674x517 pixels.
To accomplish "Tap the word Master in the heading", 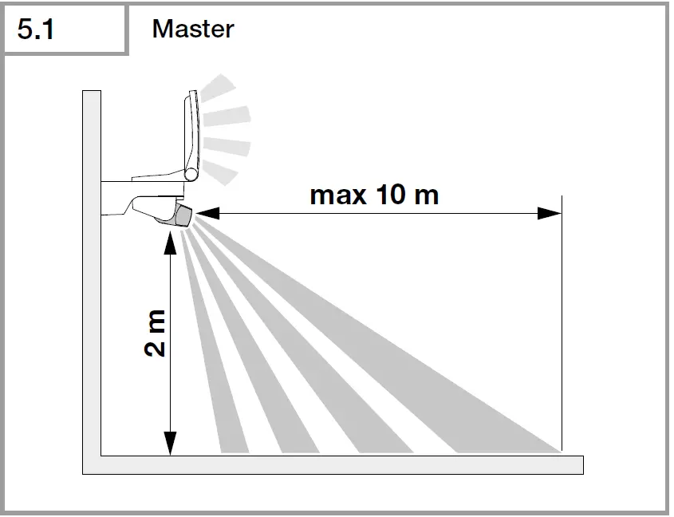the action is (192, 29).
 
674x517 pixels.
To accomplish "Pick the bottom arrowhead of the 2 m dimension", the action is (169, 444).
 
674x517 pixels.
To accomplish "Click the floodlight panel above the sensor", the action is (189, 132).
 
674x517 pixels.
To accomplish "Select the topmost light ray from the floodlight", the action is (219, 86).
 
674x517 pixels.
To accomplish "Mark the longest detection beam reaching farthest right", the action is (415, 351).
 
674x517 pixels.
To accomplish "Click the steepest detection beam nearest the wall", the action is (203, 351).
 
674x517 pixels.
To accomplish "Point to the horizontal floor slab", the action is (335, 464).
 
